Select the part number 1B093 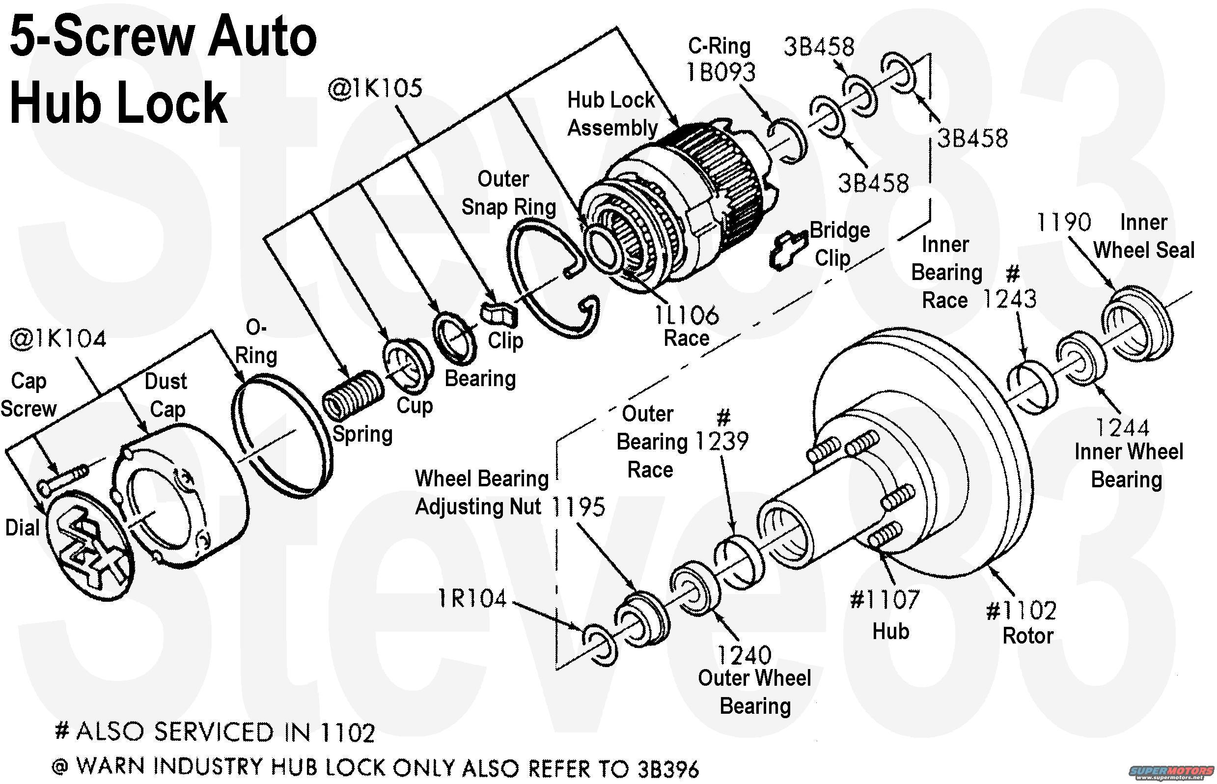(x=721, y=72)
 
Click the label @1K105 (x=375, y=88)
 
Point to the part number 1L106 (x=686, y=315)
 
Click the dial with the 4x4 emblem (x=89, y=542)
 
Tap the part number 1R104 (x=472, y=599)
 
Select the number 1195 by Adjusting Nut (x=578, y=506)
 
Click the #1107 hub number (x=885, y=600)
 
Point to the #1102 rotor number (x=1021, y=611)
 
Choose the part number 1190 (x=1064, y=223)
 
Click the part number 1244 (x=1122, y=428)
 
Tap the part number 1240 (x=744, y=655)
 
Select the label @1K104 (x=58, y=339)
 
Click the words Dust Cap (x=166, y=395)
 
